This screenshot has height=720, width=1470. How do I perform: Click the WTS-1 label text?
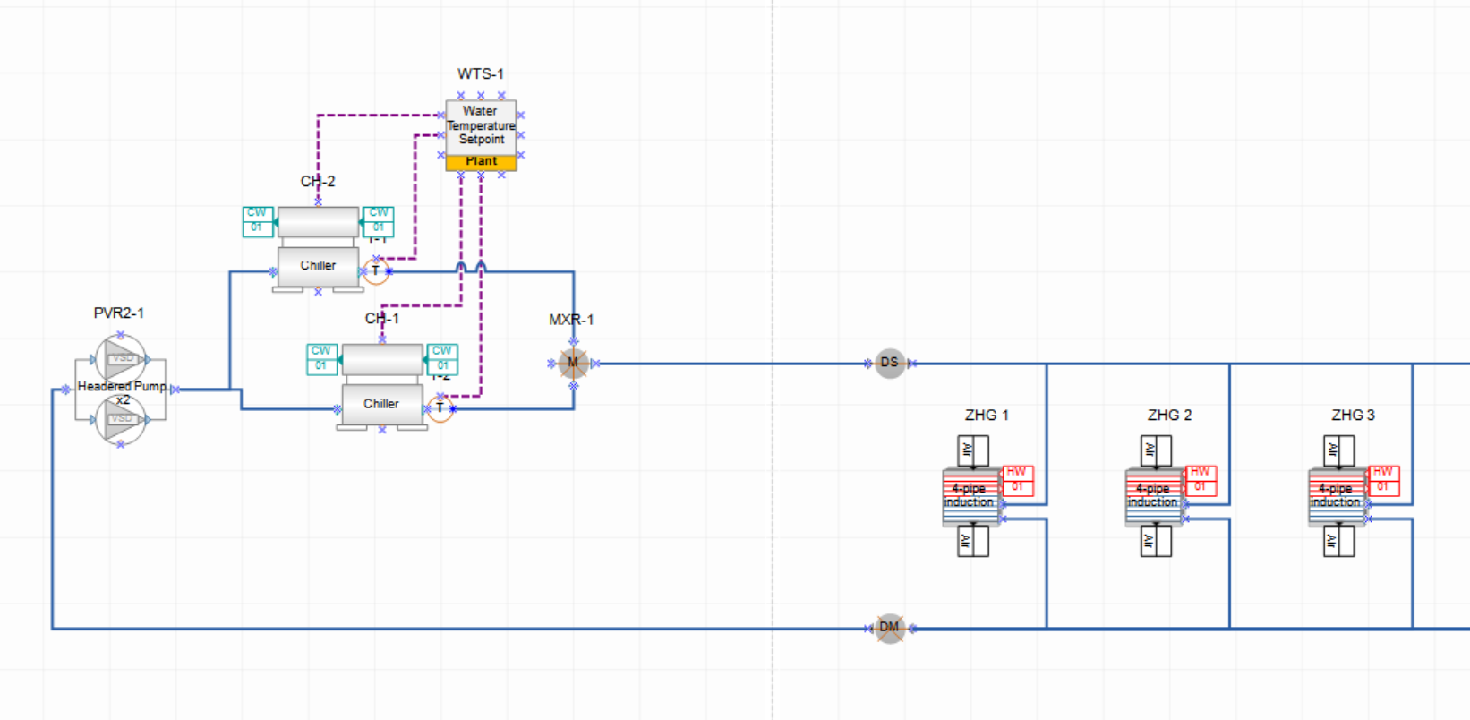(480, 73)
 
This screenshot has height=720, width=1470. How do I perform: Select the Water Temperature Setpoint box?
(481, 125)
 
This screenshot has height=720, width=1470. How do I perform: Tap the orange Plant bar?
(481, 162)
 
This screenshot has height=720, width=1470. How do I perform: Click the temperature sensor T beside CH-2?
(376, 270)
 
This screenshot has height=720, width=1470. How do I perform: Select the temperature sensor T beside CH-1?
(440, 408)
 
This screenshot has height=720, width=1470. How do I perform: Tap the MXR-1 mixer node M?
(573, 363)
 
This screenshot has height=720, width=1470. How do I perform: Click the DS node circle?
(889, 363)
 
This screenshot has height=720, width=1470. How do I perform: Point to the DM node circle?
(889, 627)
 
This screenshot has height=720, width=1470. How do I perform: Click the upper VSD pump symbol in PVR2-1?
(121, 359)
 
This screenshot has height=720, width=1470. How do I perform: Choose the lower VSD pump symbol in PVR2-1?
(121, 419)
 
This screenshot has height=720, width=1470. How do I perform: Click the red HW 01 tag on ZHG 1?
(1017, 480)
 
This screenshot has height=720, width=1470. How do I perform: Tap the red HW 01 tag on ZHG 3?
(1383, 480)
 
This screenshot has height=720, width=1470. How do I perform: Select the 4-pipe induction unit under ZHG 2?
(1153, 496)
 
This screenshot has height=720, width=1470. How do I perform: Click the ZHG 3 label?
(1353, 415)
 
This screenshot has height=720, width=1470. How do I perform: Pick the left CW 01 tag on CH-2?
(257, 221)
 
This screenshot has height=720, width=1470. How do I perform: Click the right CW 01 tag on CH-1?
(442, 359)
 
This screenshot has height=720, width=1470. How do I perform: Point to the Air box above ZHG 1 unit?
(973, 450)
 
